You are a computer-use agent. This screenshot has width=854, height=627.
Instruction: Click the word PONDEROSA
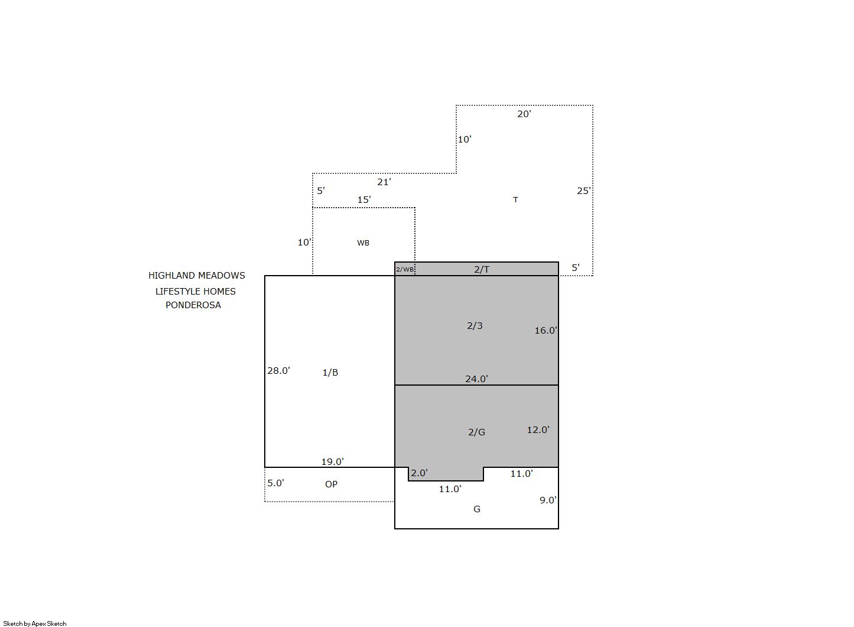(x=193, y=305)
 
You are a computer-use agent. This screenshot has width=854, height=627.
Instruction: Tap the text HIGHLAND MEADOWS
(x=197, y=275)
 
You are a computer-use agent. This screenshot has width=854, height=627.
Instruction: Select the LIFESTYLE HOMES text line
(x=195, y=291)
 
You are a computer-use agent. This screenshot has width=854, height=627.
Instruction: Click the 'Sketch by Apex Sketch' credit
(x=35, y=623)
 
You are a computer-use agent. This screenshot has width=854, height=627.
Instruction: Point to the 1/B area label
(x=330, y=372)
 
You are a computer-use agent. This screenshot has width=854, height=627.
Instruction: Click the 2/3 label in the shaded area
(x=475, y=325)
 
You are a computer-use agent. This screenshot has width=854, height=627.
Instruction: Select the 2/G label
(x=476, y=432)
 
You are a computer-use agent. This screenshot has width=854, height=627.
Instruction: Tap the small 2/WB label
(x=404, y=269)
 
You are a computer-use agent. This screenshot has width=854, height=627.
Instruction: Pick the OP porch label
(x=331, y=484)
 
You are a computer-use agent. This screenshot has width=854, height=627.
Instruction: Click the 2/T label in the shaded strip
(x=482, y=269)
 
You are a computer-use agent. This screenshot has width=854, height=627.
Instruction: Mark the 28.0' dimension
(x=278, y=370)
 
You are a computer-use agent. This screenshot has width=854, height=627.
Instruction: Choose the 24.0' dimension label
(x=476, y=379)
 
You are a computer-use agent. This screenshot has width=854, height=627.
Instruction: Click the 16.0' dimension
(x=545, y=330)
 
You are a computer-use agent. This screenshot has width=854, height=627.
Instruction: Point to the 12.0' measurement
(x=538, y=429)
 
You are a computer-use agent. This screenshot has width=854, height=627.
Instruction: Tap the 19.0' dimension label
(x=333, y=461)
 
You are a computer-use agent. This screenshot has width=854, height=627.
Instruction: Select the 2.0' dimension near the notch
(x=419, y=473)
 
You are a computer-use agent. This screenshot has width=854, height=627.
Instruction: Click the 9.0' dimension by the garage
(x=548, y=500)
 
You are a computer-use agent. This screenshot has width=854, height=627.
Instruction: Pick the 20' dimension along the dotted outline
(x=524, y=114)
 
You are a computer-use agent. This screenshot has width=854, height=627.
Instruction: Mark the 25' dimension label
(x=584, y=191)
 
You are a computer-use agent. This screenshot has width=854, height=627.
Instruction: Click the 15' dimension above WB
(x=363, y=199)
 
